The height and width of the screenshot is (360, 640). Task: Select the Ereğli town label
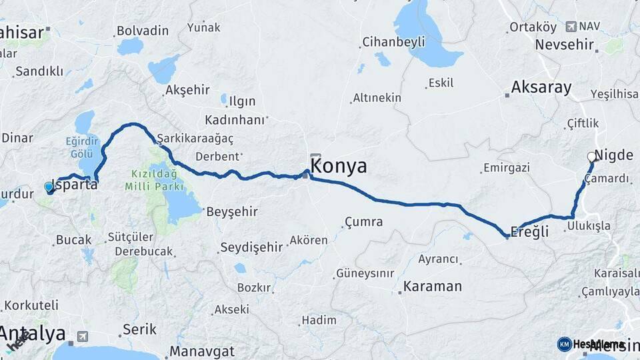[x=529, y=231]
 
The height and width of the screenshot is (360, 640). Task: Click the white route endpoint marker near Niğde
[x=591, y=158]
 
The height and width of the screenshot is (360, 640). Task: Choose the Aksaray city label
[x=541, y=87]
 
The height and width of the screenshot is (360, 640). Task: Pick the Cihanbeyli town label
[x=393, y=42]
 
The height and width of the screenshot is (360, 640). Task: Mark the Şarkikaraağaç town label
[x=195, y=138]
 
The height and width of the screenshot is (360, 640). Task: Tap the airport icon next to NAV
[x=571, y=26]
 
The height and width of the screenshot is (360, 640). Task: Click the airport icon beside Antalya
[x=83, y=336]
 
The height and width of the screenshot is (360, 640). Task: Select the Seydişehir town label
[x=251, y=247]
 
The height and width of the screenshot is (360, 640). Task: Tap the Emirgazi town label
[x=506, y=167]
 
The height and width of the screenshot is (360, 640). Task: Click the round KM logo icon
[x=564, y=344]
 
